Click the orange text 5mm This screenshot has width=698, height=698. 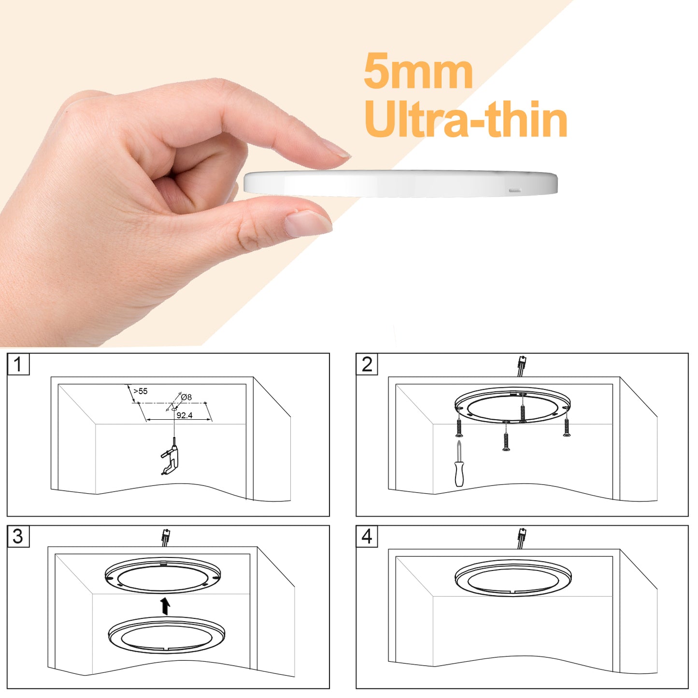pos(418,71)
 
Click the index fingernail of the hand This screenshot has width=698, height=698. pos(336,149)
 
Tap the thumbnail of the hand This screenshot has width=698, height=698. pos(307,224)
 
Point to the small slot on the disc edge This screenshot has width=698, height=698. pos(515,190)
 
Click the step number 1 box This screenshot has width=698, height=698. pos(18,364)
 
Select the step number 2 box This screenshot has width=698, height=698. pos(367,364)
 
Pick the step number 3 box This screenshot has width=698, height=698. pos(18,537)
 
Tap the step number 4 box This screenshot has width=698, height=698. pos(367,537)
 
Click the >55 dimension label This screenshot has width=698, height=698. pos(141,391)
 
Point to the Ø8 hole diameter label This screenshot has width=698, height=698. pos(186,397)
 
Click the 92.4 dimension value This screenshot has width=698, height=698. pos(185,415)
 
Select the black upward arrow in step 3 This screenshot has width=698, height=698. pos(166,606)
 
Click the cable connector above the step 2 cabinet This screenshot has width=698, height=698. pos(522,366)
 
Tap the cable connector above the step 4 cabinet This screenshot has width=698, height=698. pos(522,539)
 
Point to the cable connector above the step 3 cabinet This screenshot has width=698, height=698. pos(166,538)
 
